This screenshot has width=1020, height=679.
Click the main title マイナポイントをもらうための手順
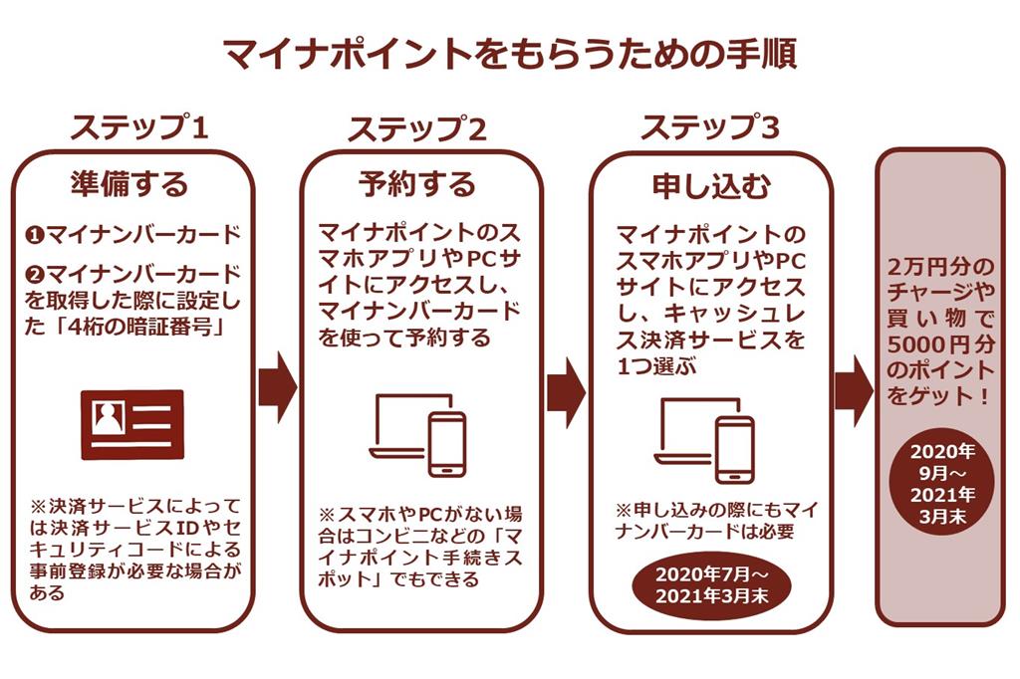coord(509,53)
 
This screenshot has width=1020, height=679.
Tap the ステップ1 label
coord(140,128)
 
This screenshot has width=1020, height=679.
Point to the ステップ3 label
coord(710,128)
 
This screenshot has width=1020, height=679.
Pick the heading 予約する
coord(417,184)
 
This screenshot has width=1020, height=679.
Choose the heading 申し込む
coord(710,184)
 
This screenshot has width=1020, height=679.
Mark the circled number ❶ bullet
coord(33,236)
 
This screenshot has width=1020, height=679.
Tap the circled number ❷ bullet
coord(33,272)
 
